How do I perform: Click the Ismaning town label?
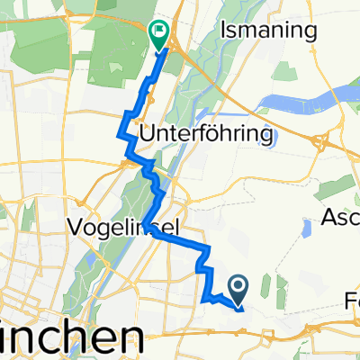pyautogui.click(x=270, y=31)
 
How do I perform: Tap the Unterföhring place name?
pyautogui.click(x=205, y=135)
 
